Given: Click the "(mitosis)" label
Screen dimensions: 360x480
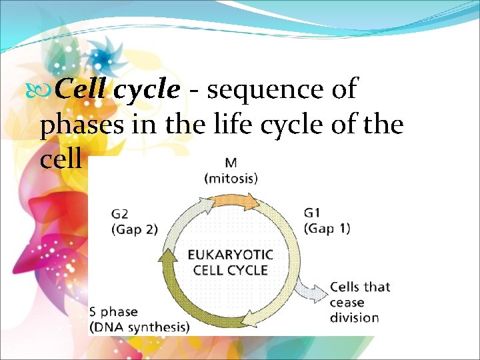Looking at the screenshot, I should (231, 178).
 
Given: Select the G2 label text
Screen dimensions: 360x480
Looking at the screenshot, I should (120, 215).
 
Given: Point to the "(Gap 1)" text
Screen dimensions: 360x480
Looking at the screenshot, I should (327, 228).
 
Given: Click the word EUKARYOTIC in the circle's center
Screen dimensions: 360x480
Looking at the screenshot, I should (230, 255).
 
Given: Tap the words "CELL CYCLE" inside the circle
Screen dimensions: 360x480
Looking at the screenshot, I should (230, 270).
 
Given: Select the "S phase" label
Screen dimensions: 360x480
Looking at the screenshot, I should (114, 312).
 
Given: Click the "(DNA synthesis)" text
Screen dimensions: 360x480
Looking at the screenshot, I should (139, 327).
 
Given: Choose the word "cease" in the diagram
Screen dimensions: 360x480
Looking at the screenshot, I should (346, 302).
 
